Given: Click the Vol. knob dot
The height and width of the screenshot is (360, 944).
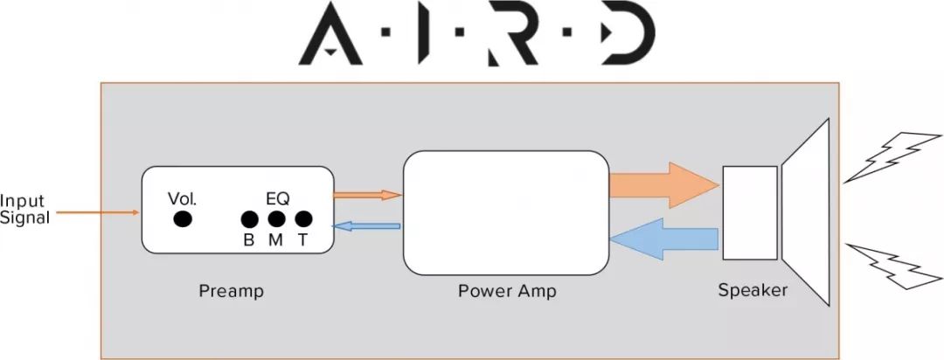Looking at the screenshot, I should [x=183, y=218].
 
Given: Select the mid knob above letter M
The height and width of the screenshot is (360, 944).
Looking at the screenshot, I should [x=276, y=218].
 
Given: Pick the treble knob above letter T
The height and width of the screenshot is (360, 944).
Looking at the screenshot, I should [x=303, y=218].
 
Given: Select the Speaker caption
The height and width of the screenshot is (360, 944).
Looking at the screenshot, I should [x=753, y=290].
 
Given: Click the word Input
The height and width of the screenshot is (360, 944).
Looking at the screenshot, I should [x=22, y=199].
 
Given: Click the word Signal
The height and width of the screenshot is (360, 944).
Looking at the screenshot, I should [x=24, y=218].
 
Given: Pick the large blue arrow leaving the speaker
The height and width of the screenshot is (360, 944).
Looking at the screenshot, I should [x=664, y=239].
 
